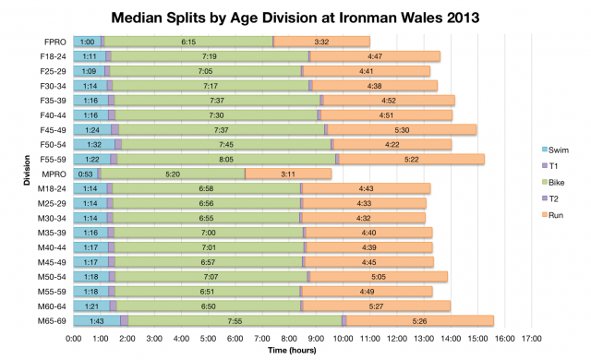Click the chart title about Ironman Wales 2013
click(x=295, y=16)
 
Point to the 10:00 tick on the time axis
click(x=343, y=339)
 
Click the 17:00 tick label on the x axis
click(x=531, y=339)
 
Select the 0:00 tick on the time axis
click(x=74, y=339)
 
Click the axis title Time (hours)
click(x=295, y=351)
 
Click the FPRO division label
click(x=54, y=42)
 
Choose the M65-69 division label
click(x=51, y=320)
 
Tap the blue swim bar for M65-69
click(x=97, y=320)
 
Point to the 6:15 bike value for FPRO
click(x=188, y=42)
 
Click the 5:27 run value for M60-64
click(x=379, y=306)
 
